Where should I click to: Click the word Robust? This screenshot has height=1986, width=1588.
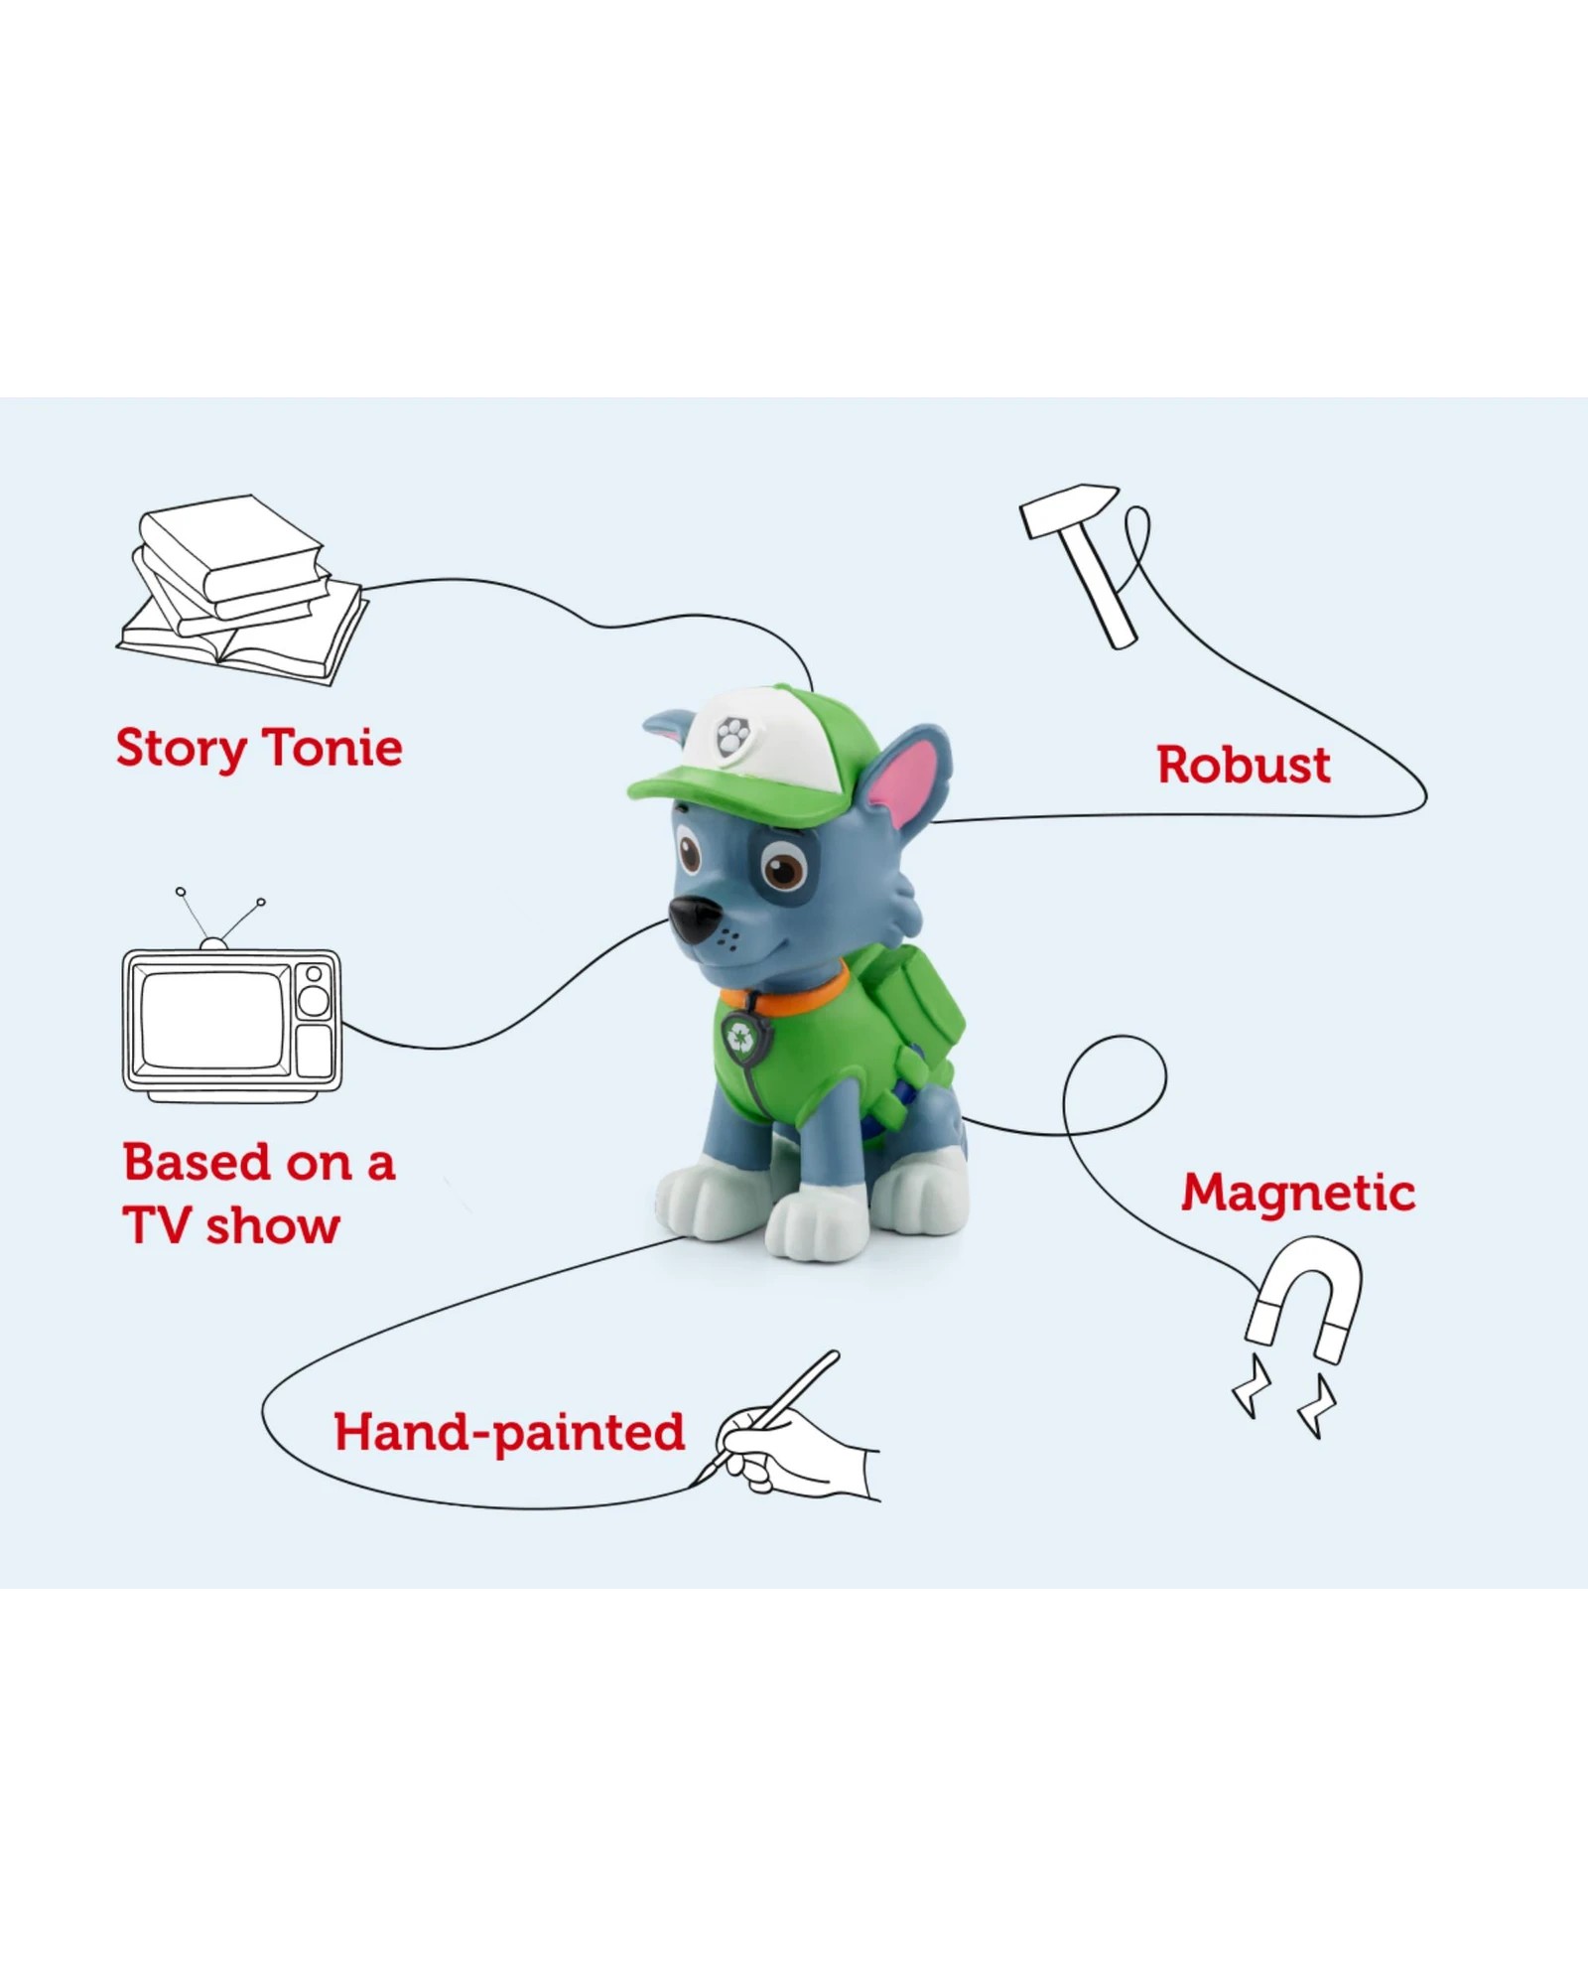[1244, 765]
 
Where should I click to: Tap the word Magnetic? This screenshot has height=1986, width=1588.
[1298, 1195]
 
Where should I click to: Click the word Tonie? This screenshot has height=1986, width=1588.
[332, 747]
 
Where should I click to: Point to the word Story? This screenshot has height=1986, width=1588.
[182, 750]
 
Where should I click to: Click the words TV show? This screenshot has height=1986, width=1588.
[231, 1226]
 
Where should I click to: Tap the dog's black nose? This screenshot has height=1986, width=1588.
[692, 919]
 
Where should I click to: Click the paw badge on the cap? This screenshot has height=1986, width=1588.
[732, 737]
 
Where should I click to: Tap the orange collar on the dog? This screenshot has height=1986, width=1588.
[787, 988]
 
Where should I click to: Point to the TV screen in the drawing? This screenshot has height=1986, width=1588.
[215, 1019]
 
